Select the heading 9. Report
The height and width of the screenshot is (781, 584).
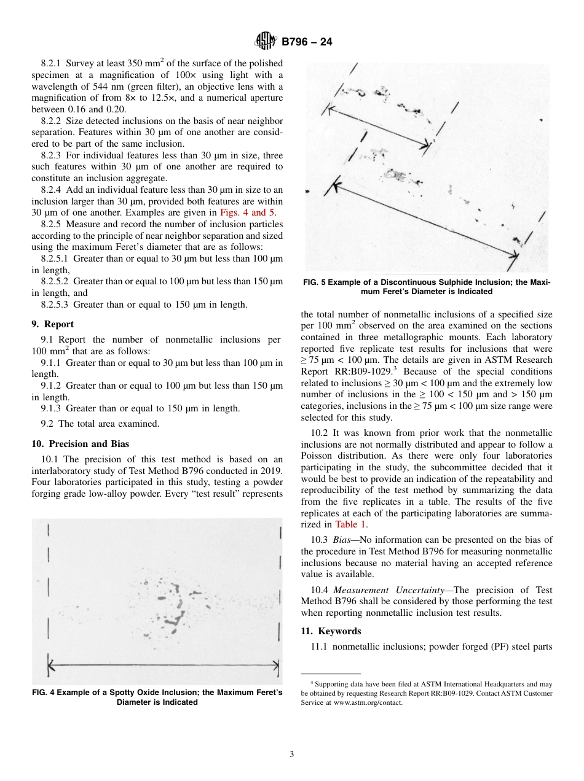coord(52,324)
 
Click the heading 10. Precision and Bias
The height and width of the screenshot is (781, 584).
coord(80,444)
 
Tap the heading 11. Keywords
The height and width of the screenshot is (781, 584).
coord(331,631)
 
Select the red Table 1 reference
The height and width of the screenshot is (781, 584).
coord(350,524)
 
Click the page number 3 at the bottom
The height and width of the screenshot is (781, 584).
coord(292,755)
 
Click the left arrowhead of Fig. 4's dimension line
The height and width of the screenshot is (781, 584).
coord(51,664)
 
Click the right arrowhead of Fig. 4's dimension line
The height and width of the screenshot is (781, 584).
coord(277,664)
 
